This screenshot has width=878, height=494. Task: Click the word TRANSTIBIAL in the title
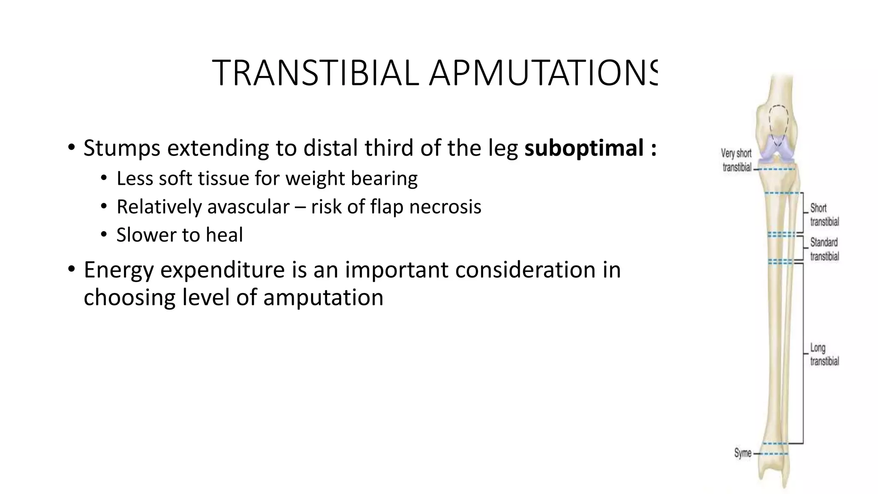pyautogui.click(x=315, y=73)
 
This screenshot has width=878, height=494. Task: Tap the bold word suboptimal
pyautogui.click(x=584, y=148)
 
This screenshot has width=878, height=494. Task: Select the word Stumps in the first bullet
pyautogui.click(x=122, y=148)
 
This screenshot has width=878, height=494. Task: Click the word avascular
pyautogui.click(x=249, y=207)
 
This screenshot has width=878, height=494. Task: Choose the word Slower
pyautogui.click(x=142, y=235)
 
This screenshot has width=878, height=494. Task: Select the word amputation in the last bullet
pyautogui.click(x=323, y=297)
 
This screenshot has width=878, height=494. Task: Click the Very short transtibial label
pyautogui.click(x=737, y=160)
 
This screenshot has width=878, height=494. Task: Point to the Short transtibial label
pyautogui.click(x=824, y=215)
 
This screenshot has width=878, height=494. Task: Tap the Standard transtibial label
pyautogui.click(x=824, y=250)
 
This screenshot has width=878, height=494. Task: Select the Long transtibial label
pyautogui.click(x=824, y=355)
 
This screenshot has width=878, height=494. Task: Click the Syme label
pyautogui.click(x=743, y=453)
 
